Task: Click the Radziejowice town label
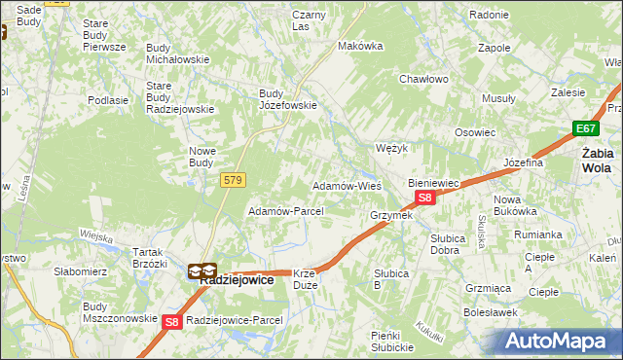(237, 278)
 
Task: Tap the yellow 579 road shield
(233, 180)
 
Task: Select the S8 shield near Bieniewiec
(424, 198)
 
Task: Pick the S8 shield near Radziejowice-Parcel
(172, 321)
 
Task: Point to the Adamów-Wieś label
(346, 186)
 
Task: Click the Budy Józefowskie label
(287, 99)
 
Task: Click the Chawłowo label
(422, 79)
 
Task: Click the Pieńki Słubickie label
(392, 341)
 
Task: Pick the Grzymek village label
(391, 215)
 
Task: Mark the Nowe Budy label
(207, 156)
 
